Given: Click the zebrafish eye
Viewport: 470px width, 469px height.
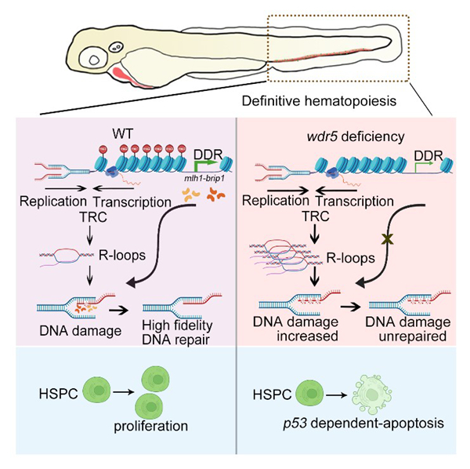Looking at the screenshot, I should (x=99, y=58).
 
